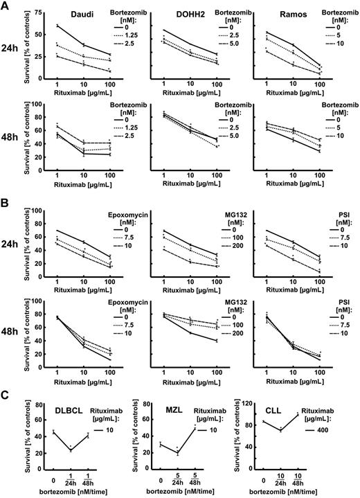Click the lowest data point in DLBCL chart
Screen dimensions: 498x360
71,450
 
